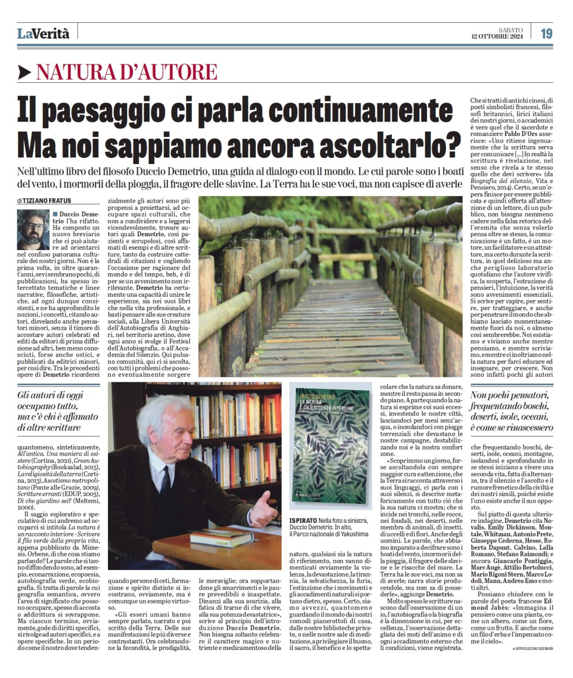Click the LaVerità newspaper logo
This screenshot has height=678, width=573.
(x=43, y=34)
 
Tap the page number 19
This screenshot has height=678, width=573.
(x=546, y=33)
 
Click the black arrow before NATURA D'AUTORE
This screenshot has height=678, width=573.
(x=24, y=72)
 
